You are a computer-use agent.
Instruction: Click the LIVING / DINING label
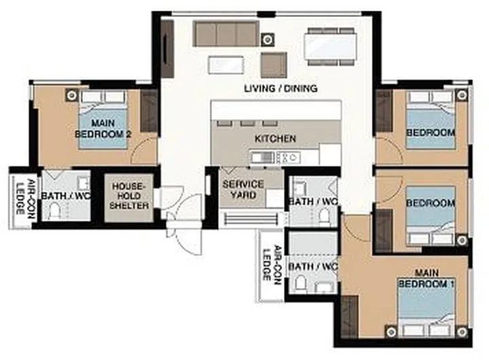click(280, 89)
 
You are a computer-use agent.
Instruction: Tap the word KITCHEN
click(275, 139)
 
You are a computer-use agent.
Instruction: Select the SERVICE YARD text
click(243, 190)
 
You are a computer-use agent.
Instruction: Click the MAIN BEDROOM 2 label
click(103, 129)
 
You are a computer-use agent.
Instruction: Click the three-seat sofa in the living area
click(225, 33)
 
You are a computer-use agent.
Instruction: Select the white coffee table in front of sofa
click(225, 65)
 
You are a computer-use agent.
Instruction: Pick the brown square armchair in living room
click(273, 65)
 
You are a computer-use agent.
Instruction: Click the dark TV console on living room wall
click(167, 48)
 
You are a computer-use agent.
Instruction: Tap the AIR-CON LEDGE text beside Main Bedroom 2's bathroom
click(20, 198)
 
